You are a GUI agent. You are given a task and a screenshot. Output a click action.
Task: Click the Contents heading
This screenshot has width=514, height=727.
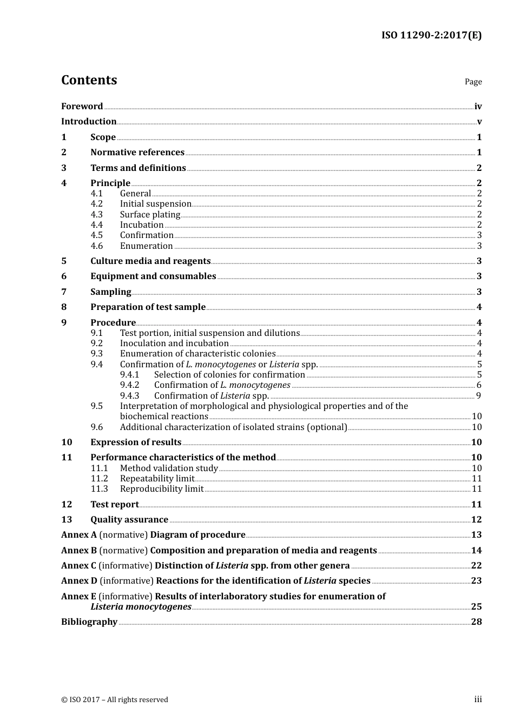pos(89,80)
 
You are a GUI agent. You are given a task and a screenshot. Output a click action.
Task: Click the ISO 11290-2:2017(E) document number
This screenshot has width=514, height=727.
pos(431,36)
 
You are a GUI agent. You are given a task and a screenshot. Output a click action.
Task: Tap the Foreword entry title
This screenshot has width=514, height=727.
pos(82,107)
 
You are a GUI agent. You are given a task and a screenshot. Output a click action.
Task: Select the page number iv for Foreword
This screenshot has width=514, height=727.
pos(478,107)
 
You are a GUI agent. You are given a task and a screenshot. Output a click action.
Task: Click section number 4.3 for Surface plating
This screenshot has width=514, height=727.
pos(96,215)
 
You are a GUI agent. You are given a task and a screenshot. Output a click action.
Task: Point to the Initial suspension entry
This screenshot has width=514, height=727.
pos(155,204)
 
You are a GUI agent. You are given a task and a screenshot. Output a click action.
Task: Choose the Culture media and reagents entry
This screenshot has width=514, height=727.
pos(150,261)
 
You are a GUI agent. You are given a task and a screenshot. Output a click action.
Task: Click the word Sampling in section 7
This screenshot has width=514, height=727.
pos(110,292)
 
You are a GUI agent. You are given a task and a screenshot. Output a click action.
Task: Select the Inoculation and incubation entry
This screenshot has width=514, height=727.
pos(174,343)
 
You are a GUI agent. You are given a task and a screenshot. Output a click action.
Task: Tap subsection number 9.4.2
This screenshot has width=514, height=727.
pos(129,385)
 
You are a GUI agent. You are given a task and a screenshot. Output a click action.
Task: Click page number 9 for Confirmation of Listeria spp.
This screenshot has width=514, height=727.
pos(479,396)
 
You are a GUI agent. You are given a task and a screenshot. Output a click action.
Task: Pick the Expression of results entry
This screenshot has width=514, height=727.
pos(136,442)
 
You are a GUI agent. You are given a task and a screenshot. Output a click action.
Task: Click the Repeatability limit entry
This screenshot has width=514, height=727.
pos(157,479)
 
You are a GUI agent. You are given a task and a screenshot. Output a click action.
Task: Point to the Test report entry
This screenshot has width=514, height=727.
pos(114,505)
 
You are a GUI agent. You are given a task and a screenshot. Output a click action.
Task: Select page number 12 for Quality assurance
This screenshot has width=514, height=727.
pos(476,520)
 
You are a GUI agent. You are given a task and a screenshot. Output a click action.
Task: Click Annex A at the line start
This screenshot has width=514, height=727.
pos(79,535)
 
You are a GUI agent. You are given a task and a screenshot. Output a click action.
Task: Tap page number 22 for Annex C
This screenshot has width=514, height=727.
pos(476,566)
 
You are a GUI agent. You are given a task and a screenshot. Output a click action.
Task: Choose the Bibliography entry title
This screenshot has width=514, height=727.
pos(89,622)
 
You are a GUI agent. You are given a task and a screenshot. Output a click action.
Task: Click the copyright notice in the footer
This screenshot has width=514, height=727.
pos(115,700)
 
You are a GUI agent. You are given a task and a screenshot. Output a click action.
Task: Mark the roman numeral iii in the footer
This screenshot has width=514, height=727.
pos(478,699)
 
